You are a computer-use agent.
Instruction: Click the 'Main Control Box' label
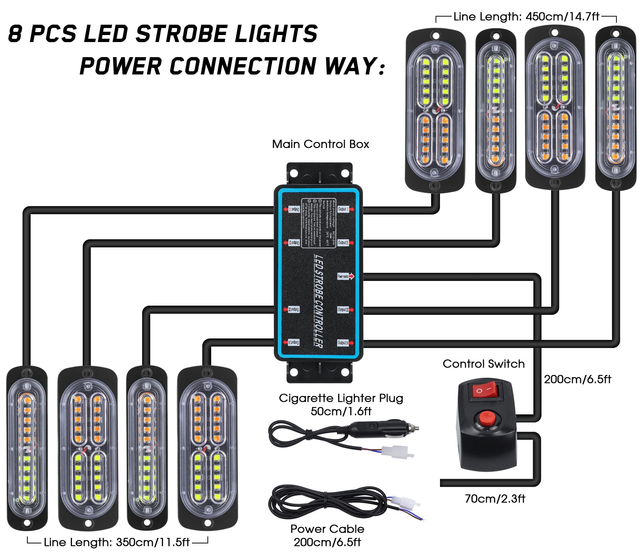(320, 144)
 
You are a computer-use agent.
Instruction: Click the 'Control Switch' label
(484, 364)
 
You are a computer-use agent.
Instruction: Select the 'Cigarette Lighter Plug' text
(341, 398)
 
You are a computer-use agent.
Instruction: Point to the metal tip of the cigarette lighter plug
(416, 428)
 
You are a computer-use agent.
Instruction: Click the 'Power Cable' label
(327, 529)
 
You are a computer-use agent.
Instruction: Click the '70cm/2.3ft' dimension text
(495, 499)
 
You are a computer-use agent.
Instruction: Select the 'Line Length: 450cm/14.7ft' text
(526, 17)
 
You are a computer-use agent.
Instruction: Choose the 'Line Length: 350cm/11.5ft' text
(117, 542)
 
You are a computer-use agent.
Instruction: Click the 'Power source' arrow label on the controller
(345, 276)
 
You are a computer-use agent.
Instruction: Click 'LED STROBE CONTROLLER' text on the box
(318, 300)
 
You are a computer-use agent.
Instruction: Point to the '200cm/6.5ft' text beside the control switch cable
(577, 379)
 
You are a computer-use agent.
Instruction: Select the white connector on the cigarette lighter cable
(401, 452)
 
